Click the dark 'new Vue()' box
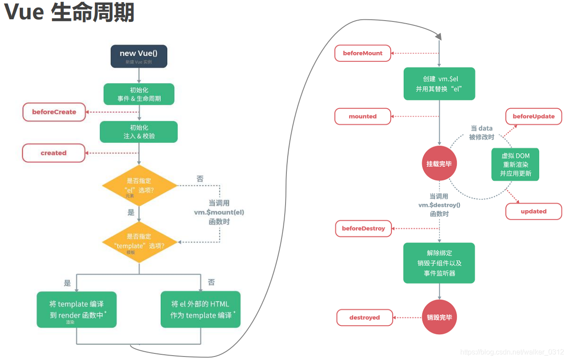point(139,56)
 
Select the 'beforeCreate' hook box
point(54,112)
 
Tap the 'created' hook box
point(53,153)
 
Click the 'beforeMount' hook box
point(363,53)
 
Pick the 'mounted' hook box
point(363,116)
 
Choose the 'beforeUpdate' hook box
point(533,116)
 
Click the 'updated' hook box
point(533,212)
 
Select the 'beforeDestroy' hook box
point(363,229)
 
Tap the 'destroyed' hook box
point(364,318)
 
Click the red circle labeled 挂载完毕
point(439,164)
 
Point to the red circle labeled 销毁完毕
point(439,318)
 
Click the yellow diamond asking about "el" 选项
point(139,186)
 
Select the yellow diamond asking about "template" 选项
point(139,242)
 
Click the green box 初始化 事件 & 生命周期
point(139,94)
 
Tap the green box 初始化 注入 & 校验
point(139,132)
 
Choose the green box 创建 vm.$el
point(439,84)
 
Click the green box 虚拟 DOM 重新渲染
point(515,164)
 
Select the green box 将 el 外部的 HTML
point(201,309)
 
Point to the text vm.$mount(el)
point(219,212)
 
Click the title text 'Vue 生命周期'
point(69,13)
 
